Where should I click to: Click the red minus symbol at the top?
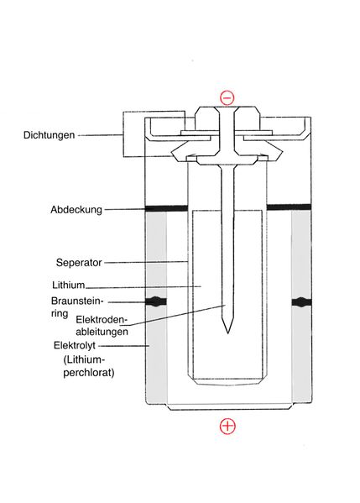[227, 98]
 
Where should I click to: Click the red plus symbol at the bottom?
[227, 426]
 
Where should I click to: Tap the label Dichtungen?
[49, 135]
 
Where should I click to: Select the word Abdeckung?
[76, 210]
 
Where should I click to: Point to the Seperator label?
[79, 263]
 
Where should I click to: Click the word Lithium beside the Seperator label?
[68, 285]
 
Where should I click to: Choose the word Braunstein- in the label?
[77, 301]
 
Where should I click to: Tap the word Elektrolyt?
[75, 345]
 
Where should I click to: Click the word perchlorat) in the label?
[89, 373]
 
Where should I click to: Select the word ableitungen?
[102, 332]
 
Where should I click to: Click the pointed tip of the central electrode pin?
[227, 333]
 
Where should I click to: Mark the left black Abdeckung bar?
[166, 208]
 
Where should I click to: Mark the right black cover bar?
[289, 207]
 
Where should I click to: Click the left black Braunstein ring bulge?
[156, 301]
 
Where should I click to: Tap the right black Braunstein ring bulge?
[301, 301]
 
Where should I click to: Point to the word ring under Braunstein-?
[60, 313]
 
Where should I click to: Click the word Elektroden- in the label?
[102, 320]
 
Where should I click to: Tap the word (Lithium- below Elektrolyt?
[84, 359]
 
